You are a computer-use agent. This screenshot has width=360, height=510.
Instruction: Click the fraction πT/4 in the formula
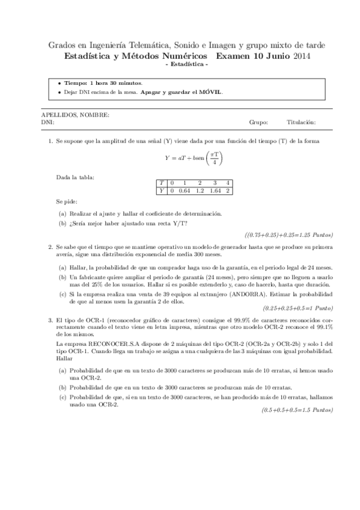click(x=214, y=158)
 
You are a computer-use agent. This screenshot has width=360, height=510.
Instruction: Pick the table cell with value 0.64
click(x=185, y=191)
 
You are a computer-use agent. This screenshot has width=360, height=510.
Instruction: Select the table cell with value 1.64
click(x=215, y=191)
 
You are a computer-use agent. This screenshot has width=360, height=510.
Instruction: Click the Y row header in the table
click(x=161, y=191)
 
